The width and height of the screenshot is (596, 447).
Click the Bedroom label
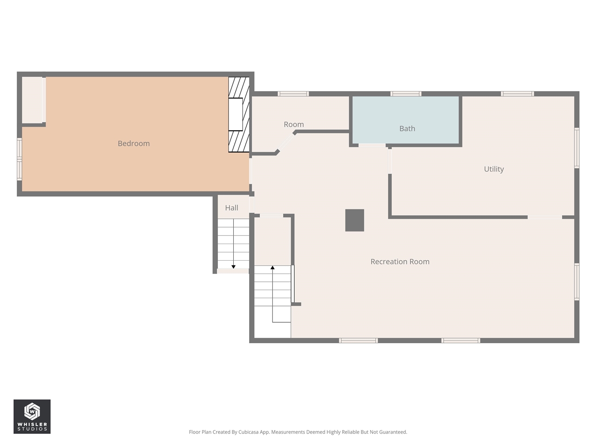(x=134, y=143)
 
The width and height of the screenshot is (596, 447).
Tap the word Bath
(x=407, y=129)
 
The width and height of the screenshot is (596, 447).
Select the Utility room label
(x=494, y=169)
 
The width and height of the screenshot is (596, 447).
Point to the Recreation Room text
(x=400, y=262)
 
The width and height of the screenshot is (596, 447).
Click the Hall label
(x=231, y=208)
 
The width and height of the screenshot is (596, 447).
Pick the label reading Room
(x=293, y=124)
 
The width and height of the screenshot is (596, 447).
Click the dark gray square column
(x=354, y=220)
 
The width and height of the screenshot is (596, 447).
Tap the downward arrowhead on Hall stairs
(x=233, y=267)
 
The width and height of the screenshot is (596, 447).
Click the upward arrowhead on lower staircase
(x=272, y=268)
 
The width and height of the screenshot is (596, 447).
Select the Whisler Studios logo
(x=32, y=416)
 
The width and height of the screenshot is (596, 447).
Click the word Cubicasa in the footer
(x=249, y=432)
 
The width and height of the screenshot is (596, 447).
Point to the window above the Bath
(x=406, y=94)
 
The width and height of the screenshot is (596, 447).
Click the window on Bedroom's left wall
(x=20, y=159)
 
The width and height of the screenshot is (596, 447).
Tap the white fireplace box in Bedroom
(x=235, y=114)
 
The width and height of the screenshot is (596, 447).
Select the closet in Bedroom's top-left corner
(x=33, y=100)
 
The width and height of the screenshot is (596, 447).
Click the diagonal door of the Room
(x=286, y=142)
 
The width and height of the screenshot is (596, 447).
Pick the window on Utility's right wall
(x=576, y=148)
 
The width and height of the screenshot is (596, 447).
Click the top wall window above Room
(x=293, y=94)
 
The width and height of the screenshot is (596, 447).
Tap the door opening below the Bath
(x=372, y=146)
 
